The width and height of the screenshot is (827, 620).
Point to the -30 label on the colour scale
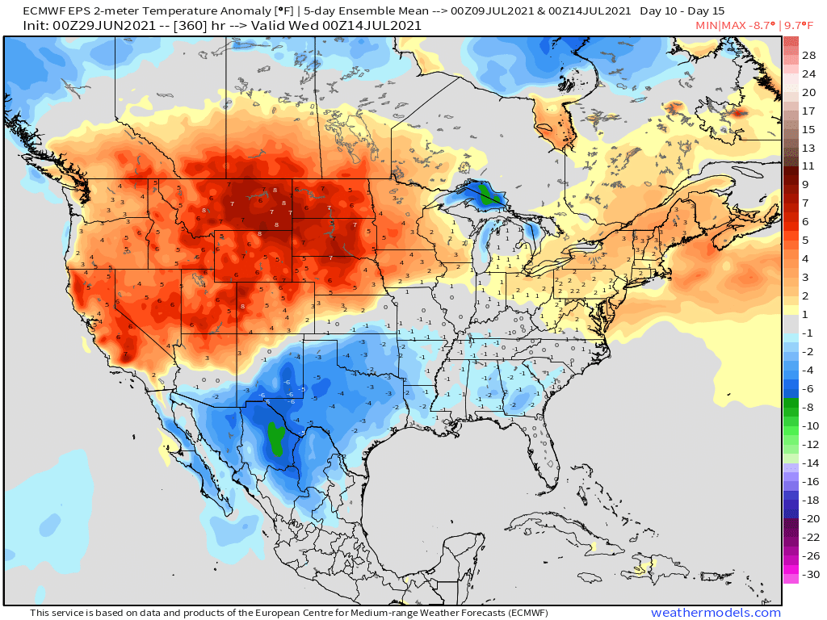tap(809, 575)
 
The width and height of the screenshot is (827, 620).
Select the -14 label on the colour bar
tap(809, 463)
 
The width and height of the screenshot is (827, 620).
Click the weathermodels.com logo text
tap(716, 613)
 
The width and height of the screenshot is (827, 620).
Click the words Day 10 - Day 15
tap(682, 10)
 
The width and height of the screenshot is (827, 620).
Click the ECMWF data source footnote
tap(289, 613)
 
